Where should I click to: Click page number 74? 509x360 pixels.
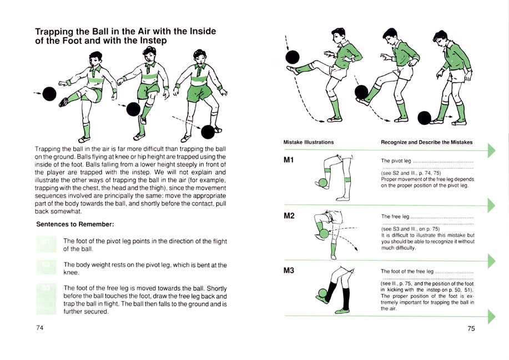click(40, 328)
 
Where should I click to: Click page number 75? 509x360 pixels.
click(471, 328)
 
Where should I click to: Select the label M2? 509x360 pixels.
click(289, 216)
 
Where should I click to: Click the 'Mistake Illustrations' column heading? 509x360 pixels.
click(309, 142)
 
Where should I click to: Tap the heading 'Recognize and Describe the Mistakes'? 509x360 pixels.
click(426, 142)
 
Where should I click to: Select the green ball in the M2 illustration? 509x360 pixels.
click(324, 234)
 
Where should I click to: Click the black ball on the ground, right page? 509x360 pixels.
click(425, 118)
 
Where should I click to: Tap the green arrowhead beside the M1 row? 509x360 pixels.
click(491, 151)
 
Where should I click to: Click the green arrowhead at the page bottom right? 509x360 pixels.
click(491, 316)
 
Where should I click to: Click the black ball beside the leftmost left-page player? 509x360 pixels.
click(49, 94)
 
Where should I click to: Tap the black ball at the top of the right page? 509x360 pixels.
click(293, 56)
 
